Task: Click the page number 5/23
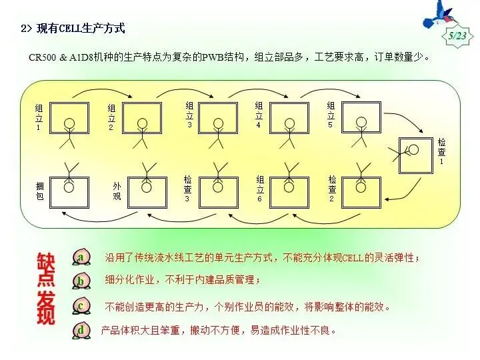click(x=457, y=35)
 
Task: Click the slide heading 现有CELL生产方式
click(x=73, y=29)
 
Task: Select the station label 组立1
click(x=39, y=117)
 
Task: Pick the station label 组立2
click(x=111, y=117)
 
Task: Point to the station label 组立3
click(x=189, y=115)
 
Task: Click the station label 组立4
click(x=259, y=115)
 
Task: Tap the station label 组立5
click(x=330, y=115)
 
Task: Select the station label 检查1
click(x=441, y=151)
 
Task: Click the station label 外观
click(x=117, y=191)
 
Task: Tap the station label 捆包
click(x=39, y=191)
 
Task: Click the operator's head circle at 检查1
click(x=413, y=151)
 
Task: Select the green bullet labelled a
click(x=81, y=257)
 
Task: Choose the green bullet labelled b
click(x=81, y=281)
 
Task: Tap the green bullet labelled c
click(x=81, y=305)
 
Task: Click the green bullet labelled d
click(x=81, y=329)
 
